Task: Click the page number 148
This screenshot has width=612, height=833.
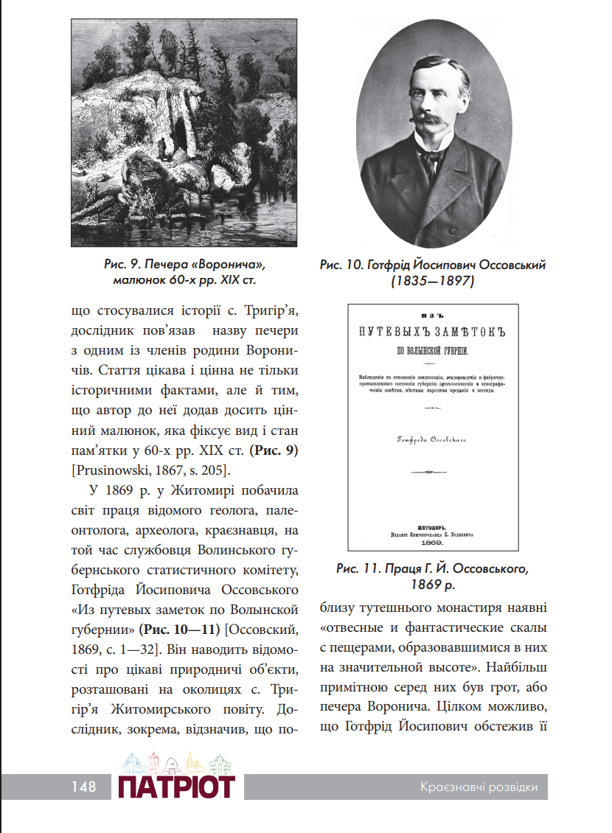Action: point(84,787)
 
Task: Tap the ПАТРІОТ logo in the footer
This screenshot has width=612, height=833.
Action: point(176,786)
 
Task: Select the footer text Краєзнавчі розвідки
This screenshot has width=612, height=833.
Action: point(476,787)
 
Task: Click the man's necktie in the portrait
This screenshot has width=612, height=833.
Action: point(431,160)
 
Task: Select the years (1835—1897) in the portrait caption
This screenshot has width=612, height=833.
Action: point(432,281)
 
